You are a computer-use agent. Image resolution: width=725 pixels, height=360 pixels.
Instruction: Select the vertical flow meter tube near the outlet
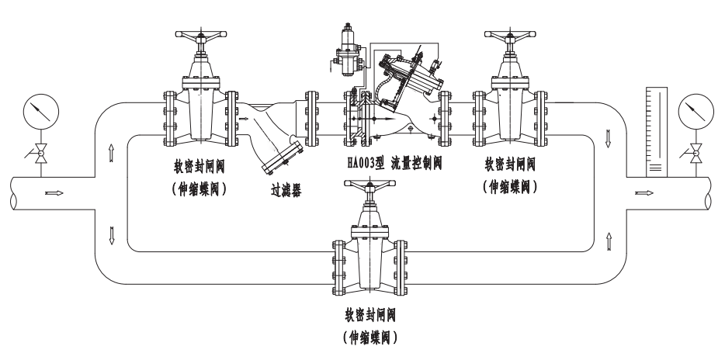click(x=656, y=129)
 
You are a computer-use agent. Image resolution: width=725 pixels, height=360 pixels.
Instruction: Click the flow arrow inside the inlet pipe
click(x=55, y=192)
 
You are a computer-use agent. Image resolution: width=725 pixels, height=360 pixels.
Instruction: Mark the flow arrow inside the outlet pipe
click(x=643, y=192)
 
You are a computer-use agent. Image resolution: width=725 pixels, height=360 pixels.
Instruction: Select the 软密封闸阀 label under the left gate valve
click(x=200, y=167)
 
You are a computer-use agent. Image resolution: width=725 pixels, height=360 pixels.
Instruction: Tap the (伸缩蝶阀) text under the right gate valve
click(x=510, y=187)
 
